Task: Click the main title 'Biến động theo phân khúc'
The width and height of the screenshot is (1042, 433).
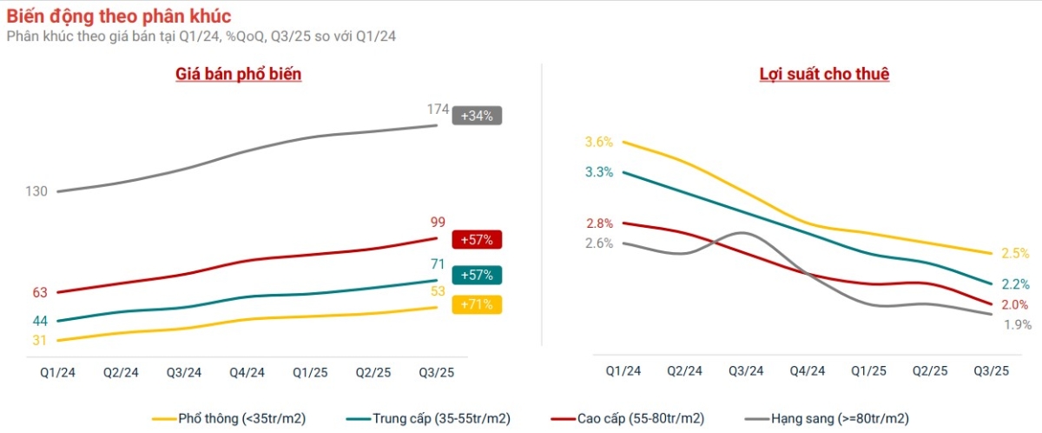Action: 119,17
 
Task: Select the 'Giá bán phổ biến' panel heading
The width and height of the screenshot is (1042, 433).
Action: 238,74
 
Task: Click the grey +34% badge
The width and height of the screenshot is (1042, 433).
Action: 477,116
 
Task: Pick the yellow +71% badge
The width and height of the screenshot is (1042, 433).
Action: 477,304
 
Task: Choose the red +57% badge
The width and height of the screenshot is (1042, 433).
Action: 477,239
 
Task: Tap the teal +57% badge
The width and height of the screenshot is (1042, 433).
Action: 477,275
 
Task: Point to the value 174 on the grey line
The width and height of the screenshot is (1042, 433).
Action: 438,110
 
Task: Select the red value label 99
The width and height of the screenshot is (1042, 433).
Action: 438,223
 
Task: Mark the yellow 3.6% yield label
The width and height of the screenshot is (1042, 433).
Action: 599,142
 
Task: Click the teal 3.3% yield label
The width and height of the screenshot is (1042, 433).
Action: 599,172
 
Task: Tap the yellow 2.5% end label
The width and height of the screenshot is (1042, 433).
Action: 1015,253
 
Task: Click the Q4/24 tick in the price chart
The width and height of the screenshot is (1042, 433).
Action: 247,372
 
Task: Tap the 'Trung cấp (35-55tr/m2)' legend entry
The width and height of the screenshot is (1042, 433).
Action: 439,418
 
